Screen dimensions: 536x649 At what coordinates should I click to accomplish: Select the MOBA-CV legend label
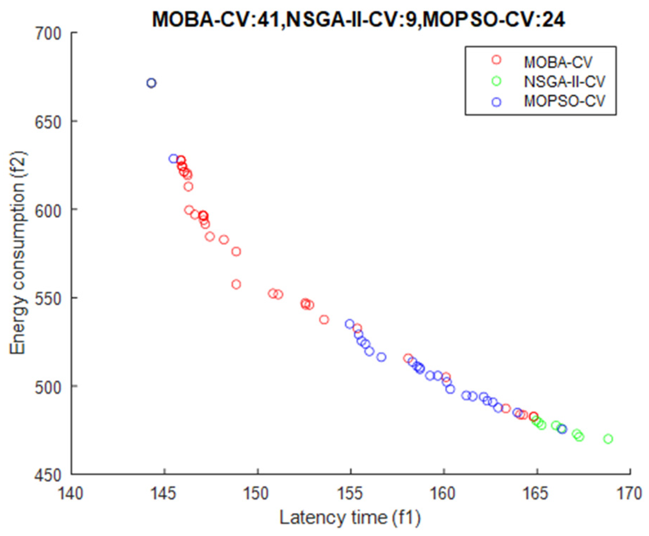tap(558, 62)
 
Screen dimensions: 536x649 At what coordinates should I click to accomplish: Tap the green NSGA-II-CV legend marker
tap(496, 81)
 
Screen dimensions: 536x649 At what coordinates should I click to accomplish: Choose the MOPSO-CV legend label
tap(564, 101)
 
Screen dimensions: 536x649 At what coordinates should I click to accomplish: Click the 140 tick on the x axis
tap(71, 493)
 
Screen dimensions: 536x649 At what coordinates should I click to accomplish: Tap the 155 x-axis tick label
tap(350, 493)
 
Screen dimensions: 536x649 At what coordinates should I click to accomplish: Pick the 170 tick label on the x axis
tap(629, 493)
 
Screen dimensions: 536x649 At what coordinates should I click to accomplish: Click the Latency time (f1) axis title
tap(350, 518)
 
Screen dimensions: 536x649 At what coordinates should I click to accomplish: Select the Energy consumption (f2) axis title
tap(18, 253)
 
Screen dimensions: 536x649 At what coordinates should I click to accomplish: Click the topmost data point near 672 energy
tap(151, 83)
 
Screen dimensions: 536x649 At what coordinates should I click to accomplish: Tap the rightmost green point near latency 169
tap(608, 439)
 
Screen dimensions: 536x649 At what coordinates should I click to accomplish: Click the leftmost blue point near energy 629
tap(173, 159)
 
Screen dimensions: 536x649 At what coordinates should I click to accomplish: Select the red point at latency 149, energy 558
tap(236, 284)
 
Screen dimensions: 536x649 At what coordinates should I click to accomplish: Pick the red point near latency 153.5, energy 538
tap(324, 320)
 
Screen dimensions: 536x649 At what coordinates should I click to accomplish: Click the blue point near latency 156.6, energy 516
tap(381, 357)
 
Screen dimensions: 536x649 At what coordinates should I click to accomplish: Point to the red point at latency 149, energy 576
tap(236, 252)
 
